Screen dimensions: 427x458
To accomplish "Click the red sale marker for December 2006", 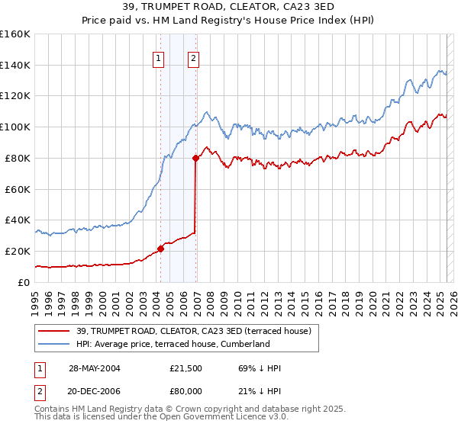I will (x=196, y=158).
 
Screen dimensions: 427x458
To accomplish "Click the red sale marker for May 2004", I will (x=161, y=249).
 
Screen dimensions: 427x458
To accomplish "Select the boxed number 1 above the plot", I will (x=158, y=58).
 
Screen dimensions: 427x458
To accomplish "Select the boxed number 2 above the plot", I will (x=193, y=58).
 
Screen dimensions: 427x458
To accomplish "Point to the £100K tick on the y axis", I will (x=15, y=127).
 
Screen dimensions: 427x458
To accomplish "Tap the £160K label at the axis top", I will (x=15, y=34).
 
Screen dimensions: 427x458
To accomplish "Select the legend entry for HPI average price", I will (x=173, y=344).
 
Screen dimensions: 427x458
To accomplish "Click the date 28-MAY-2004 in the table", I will (x=95, y=368).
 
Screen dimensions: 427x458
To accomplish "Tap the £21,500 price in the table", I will (x=186, y=368).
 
